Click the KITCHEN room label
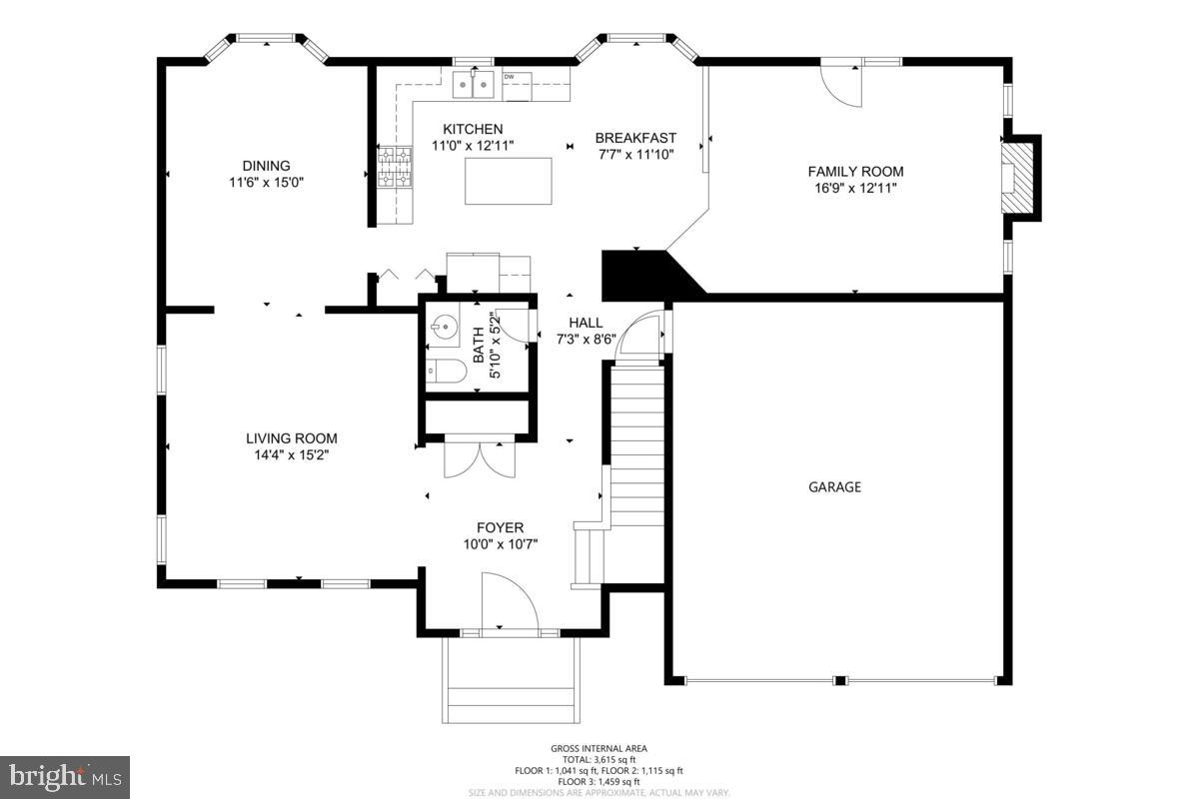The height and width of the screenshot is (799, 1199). (473, 129)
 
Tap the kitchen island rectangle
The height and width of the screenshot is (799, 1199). (508, 181)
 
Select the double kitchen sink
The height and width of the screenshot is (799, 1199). (475, 86)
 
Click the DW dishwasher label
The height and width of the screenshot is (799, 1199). (510, 77)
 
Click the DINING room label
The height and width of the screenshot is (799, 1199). (266, 166)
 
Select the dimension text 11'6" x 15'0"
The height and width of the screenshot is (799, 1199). (266, 183)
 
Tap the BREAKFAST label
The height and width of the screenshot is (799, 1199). (635, 138)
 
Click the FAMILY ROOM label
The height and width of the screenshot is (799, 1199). (855, 171)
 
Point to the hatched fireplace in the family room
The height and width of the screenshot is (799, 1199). (1015, 179)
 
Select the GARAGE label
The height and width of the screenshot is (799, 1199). (834, 487)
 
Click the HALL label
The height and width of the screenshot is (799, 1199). (586, 323)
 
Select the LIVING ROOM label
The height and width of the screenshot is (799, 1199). (292, 437)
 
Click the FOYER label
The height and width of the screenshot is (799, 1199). (500, 527)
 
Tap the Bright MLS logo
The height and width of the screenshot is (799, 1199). (65, 776)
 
